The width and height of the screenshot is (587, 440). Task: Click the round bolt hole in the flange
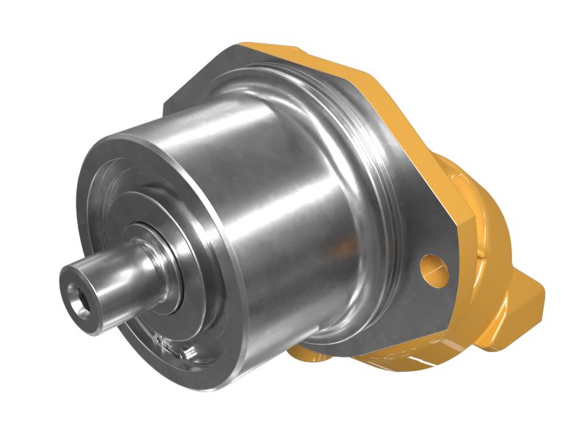point(433,268)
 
